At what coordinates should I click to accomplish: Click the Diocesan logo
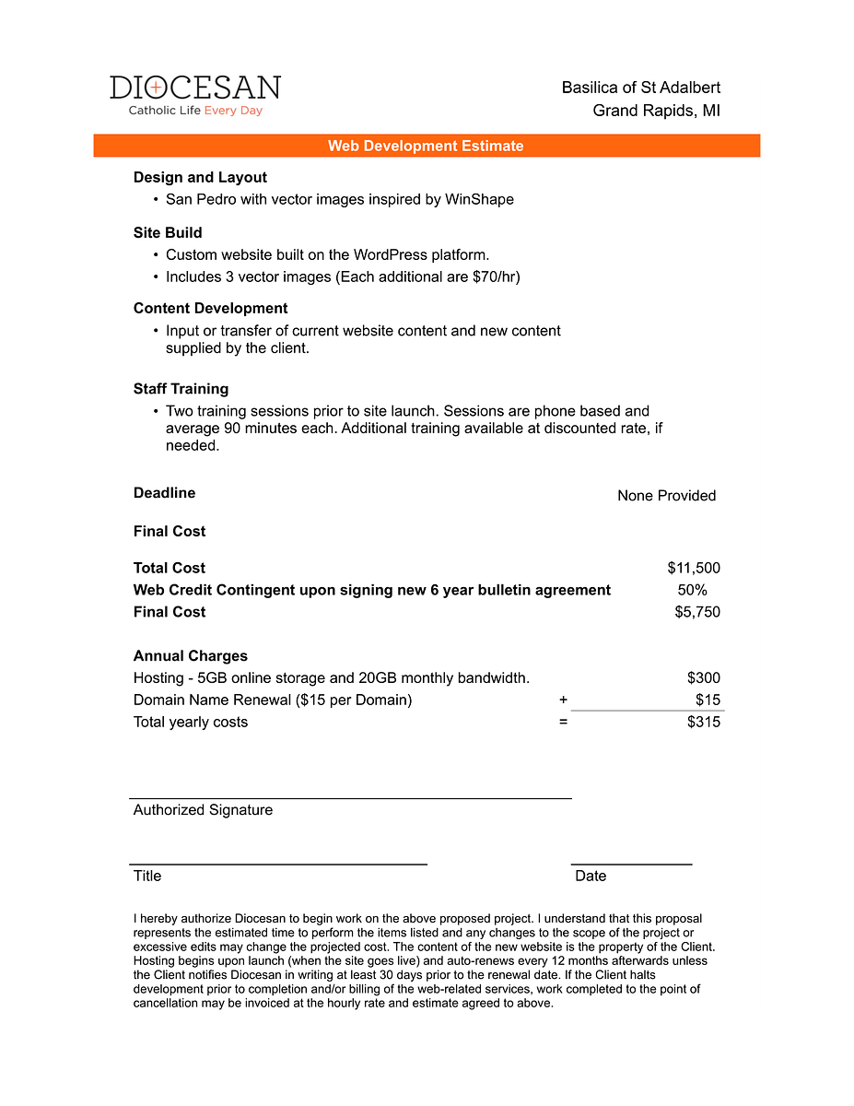[x=195, y=95]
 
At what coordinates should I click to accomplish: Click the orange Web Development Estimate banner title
[x=426, y=146]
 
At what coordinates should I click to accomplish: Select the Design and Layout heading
[x=200, y=177]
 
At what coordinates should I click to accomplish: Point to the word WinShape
[x=479, y=199]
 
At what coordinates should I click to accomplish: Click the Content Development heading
[x=210, y=308]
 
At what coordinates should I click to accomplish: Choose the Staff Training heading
[x=181, y=389]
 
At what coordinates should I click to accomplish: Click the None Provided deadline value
[x=666, y=496]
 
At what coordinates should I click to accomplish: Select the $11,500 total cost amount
[x=694, y=568]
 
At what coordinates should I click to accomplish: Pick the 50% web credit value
[x=692, y=590]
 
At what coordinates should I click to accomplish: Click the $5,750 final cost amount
[x=697, y=612]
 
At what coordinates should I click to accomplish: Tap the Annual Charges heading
[x=190, y=656]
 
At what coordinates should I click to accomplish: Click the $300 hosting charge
[x=704, y=678]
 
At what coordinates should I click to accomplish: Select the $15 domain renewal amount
[x=708, y=700]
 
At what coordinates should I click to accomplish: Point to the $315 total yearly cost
[x=704, y=723]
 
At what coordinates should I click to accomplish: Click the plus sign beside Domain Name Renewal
[x=563, y=700]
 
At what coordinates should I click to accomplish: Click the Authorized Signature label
[x=203, y=810]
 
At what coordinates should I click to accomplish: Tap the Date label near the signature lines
[x=591, y=877]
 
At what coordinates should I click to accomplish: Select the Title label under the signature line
[x=147, y=877]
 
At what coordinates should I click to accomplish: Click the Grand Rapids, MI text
[x=656, y=111]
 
